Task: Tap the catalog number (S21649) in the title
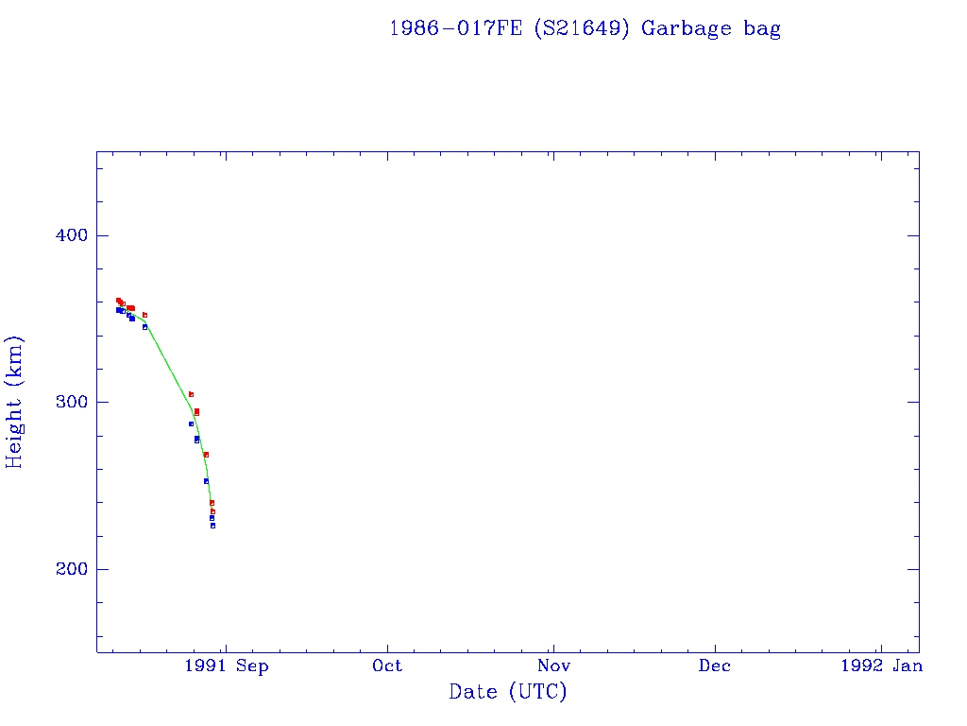point(581,28)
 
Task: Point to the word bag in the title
point(762,29)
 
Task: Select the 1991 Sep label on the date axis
point(227,666)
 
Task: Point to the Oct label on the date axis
point(387,666)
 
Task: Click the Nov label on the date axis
point(553,666)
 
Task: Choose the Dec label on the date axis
point(715,666)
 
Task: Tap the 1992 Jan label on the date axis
point(880,666)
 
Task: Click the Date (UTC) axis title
point(508,692)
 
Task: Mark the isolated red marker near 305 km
point(191,394)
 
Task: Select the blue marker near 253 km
point(206,481)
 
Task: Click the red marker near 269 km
point(206,455)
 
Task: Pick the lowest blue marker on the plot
point(212,526)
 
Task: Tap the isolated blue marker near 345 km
point(144,327)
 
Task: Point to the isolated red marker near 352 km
point(144,315)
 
